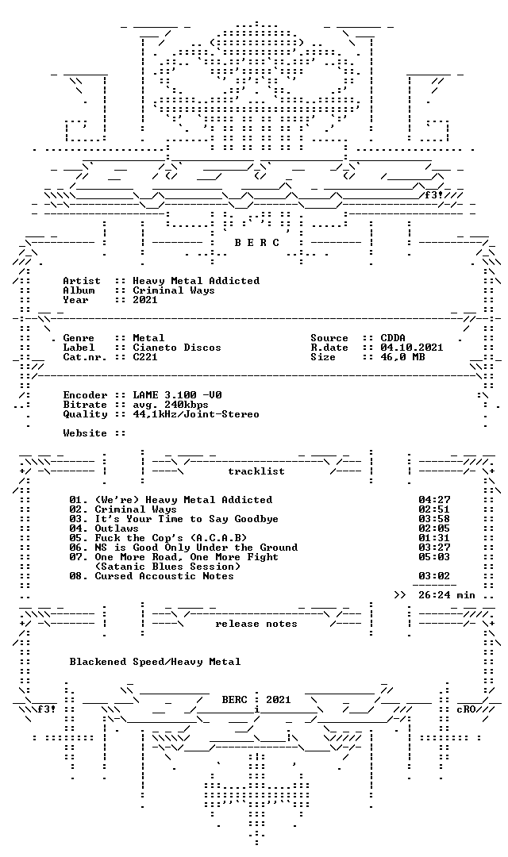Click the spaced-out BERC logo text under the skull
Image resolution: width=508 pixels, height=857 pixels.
point(257,243)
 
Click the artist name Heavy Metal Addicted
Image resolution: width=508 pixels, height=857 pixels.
point(196,281)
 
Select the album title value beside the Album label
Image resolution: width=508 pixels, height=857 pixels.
point(174,290)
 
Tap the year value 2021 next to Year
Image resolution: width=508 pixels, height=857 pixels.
point(145,299)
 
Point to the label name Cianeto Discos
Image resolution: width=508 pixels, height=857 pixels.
point(177,348)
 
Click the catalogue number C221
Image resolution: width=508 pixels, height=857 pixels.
point(145,357)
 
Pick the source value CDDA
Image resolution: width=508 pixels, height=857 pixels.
point(393,338)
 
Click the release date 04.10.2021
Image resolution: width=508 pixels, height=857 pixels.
point(412,348)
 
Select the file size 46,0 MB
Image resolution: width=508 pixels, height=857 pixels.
point(402,357)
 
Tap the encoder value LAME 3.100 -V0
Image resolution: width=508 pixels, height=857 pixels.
point(177,395)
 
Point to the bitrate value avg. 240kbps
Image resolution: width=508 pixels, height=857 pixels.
point(171,405)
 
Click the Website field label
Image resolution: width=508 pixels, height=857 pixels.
point(85,433)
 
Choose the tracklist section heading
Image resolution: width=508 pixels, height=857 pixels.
point(256,471)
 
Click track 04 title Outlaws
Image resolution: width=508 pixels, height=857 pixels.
point(117,528)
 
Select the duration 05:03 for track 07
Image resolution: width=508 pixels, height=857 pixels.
point(434,557)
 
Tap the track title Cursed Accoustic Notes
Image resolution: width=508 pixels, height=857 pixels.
point(164,576)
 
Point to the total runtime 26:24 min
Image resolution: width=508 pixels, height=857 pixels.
point(447,595)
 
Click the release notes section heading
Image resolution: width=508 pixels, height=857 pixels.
point(256,624)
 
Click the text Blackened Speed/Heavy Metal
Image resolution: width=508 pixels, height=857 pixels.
point(155,662)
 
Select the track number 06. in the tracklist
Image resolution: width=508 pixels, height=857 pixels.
point(79,548)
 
